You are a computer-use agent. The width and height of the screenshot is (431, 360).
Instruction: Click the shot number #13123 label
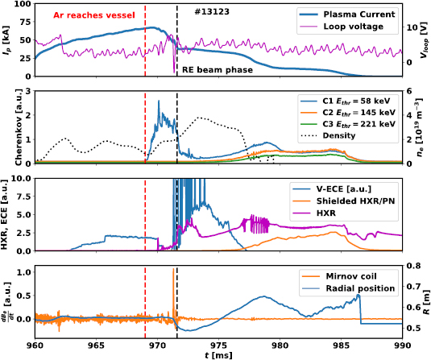click(212, 14)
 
